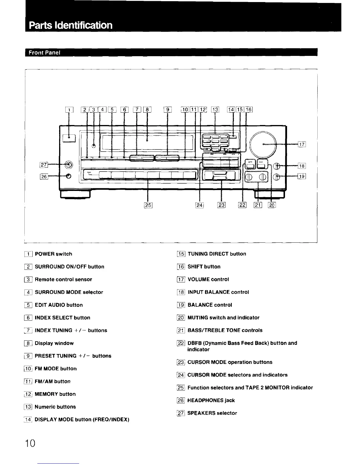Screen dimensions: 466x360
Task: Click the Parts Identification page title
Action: (71, 25)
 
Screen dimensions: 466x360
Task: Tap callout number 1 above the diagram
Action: (69, 110)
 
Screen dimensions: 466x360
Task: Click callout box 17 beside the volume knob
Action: (302, 144)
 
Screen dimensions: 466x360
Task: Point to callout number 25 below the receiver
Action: (148, 205)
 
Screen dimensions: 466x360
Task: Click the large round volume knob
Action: (263, 144)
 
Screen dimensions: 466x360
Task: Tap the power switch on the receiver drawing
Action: (69, 138)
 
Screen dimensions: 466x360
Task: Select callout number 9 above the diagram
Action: (168, 110)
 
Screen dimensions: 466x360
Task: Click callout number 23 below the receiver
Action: (221, 205)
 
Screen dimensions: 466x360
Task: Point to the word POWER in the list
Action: (45, 254)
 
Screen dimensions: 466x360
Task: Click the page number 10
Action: (30, 443)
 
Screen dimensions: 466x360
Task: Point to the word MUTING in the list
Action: (198, 317)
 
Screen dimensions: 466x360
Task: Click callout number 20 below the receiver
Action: (272, 205)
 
